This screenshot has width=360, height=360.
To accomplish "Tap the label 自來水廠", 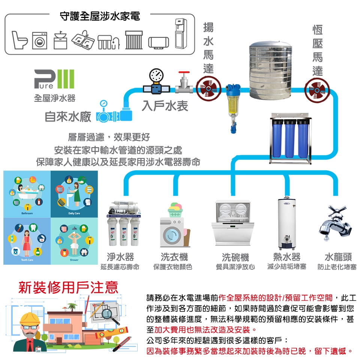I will tap(68, 117).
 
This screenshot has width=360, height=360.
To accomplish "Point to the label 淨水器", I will tap(120, 257).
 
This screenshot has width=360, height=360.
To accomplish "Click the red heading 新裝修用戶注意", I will tap(68, 287).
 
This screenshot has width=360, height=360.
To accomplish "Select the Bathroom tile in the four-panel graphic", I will tap(27, 194).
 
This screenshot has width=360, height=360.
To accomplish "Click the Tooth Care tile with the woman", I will tap(27, 241).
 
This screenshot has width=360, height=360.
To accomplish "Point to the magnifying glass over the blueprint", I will tap(109, 313).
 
